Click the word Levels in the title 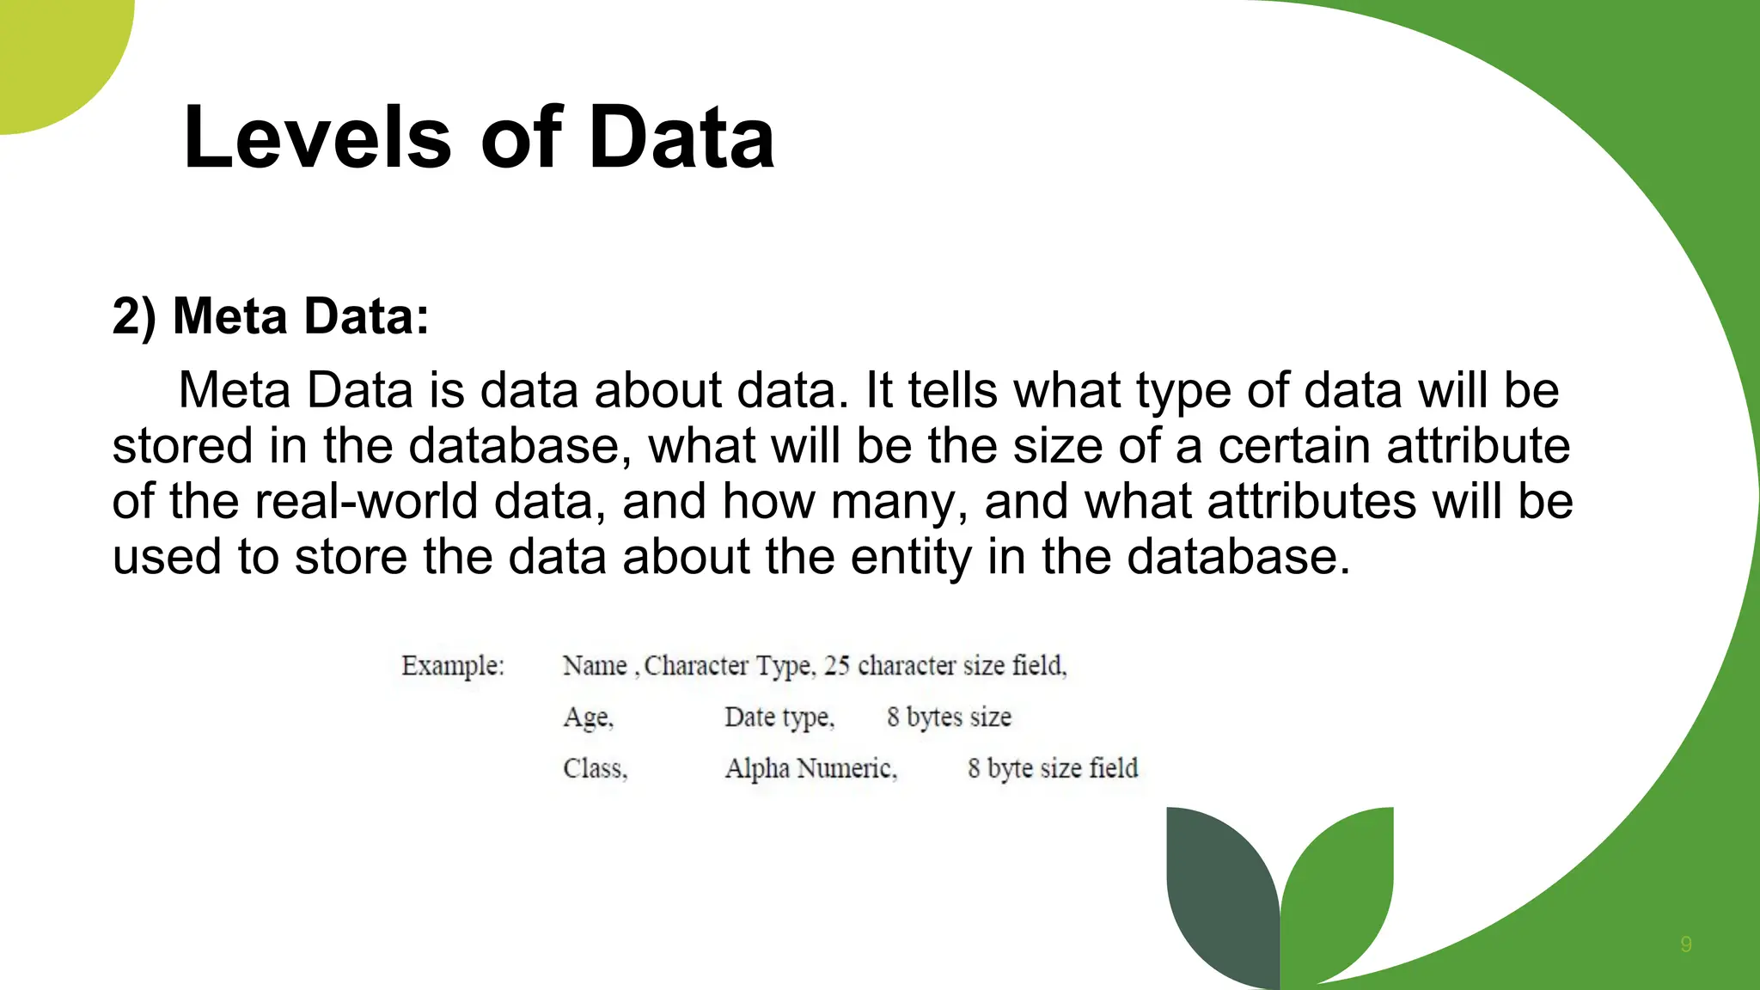317,137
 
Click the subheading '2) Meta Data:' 271,316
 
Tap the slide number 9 1686,944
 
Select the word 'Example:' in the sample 453,666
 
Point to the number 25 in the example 836,666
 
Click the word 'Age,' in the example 589,718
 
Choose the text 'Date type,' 779,718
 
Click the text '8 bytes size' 949,718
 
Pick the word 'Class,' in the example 596,768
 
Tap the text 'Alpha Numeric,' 810,768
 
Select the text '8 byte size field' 1053,768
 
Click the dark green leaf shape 1220,894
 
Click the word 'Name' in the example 595,666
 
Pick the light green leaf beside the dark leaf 1341,885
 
